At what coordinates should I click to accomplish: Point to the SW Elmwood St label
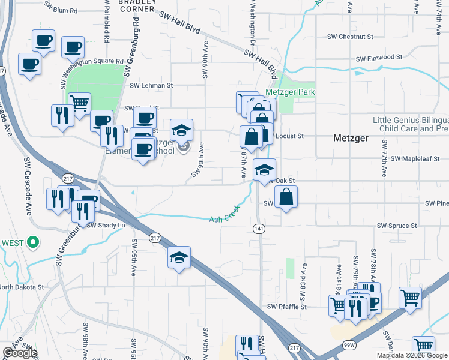(378, 58)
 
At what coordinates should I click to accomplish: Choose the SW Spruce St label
(397, 226)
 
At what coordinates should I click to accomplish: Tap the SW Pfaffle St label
(286, 307)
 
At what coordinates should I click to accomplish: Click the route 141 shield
(259, 229)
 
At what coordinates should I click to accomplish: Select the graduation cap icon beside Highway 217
(179, 258)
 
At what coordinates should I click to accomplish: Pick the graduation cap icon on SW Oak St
(264, 170)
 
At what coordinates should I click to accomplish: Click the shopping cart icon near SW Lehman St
(79, 104)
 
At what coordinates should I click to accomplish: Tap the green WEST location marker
(34, 243)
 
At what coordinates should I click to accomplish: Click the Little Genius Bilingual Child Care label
(411, 124)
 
